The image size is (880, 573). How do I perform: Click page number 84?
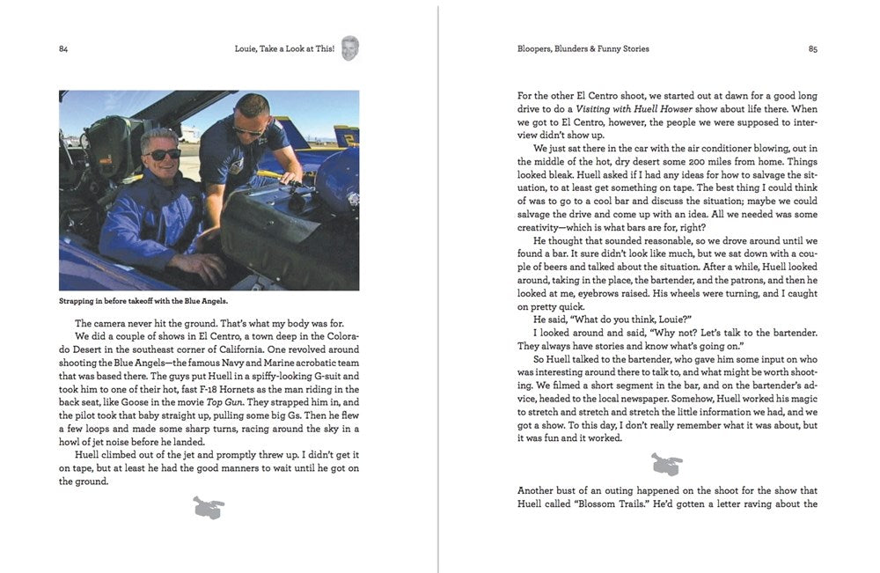click(63, 49)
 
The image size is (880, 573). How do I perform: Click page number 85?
click(813, 49)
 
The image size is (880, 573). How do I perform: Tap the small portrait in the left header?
click(350, 48)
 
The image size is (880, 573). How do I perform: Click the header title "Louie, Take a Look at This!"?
click(279, 49)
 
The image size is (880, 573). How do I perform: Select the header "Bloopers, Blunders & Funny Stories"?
click(583, 49)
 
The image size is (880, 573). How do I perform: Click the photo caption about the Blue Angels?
click(143, 301)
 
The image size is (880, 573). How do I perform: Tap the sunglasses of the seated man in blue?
click(163, 154)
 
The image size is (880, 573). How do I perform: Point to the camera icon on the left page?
click(209, 507)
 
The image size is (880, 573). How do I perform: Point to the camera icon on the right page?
click(666, 463)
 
